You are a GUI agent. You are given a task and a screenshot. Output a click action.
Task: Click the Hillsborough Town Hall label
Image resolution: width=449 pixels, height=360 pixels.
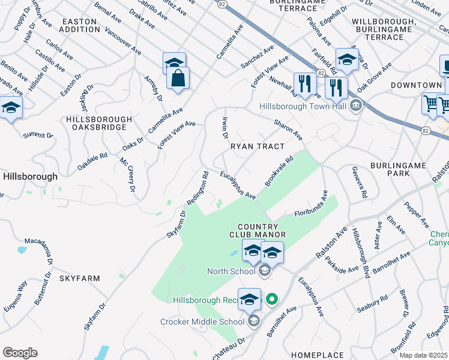coord(303,106)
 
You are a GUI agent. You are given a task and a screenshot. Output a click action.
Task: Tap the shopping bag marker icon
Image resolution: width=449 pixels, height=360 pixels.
coord(178,78)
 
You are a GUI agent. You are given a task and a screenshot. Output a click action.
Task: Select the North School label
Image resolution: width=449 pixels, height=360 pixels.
coord(231,271)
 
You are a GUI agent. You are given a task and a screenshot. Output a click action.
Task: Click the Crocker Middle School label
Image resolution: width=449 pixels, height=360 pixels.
coord(202,322)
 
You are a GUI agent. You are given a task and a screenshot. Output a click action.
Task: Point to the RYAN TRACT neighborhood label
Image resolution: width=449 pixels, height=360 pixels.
coord(258,146)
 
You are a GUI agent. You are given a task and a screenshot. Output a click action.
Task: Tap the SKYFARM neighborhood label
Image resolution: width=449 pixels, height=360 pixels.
coord(79,278)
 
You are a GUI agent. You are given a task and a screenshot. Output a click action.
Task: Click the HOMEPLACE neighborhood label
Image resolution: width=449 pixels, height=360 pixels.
coord(318,355)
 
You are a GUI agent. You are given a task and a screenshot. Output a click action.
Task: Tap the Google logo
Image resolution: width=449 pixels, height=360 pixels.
coord(20,353)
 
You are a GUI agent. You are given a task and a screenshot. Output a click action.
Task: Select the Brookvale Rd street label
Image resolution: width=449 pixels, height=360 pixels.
coord(279,171)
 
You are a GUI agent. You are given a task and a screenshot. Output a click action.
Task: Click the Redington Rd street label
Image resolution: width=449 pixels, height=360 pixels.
coord(198,188)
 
